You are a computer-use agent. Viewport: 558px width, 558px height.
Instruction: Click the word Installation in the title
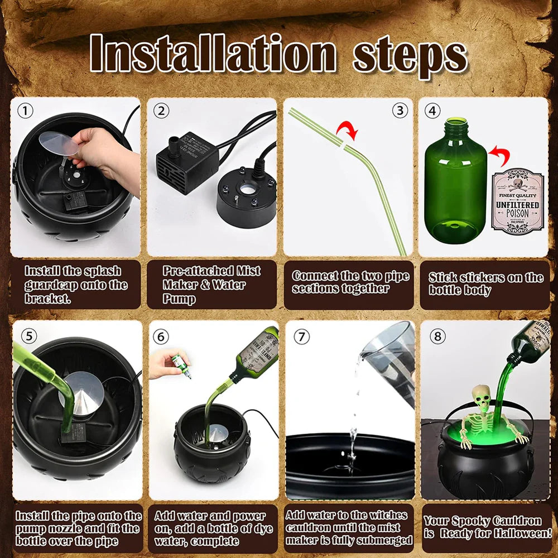(213, 55)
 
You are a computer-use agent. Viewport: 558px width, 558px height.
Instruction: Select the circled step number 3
(400, 110)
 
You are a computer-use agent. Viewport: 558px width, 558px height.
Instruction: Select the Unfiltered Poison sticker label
(517, 201)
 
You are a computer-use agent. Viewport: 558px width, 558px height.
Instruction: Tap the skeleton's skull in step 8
(481, 398)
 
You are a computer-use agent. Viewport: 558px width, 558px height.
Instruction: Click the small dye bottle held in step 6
(180, 366)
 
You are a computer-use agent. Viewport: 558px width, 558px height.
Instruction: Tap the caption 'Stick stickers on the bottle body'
(485, 283)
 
